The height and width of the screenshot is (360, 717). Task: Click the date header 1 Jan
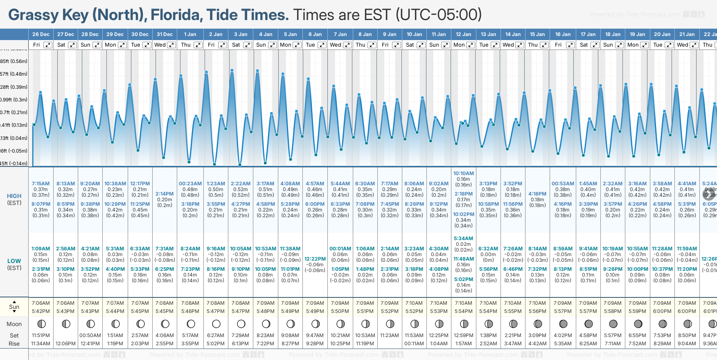coord(190,34)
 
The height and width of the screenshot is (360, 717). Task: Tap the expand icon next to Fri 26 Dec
coord(48,45)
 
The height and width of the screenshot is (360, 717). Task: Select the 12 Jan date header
coord(464,34)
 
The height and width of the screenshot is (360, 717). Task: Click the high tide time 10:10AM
coord(464,173)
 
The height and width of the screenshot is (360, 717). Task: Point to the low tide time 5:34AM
coord(464,239)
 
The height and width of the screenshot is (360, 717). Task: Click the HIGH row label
coord(14,196)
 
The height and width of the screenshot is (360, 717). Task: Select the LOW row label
coord(14,261)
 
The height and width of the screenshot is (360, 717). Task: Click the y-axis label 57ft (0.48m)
coord(14,74)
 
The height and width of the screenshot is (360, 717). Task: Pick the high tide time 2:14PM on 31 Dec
coord(165,194)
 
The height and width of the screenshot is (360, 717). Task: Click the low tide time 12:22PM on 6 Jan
coord(315,259)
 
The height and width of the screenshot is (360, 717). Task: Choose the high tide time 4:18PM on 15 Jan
coord(537,194)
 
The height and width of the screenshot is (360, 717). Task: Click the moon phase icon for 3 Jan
coord(241,324)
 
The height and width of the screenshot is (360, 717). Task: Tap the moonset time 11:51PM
coord(41,335)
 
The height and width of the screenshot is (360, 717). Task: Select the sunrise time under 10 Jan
coord(414,303)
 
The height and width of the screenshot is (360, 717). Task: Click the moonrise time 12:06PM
coord(65,344)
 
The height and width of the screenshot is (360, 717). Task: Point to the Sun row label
coord(14,307)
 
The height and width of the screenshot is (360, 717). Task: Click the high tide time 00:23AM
coord(190,184)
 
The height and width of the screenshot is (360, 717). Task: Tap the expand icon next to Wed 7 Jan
coord(347,45)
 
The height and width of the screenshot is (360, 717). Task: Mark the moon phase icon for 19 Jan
coord(638,324)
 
